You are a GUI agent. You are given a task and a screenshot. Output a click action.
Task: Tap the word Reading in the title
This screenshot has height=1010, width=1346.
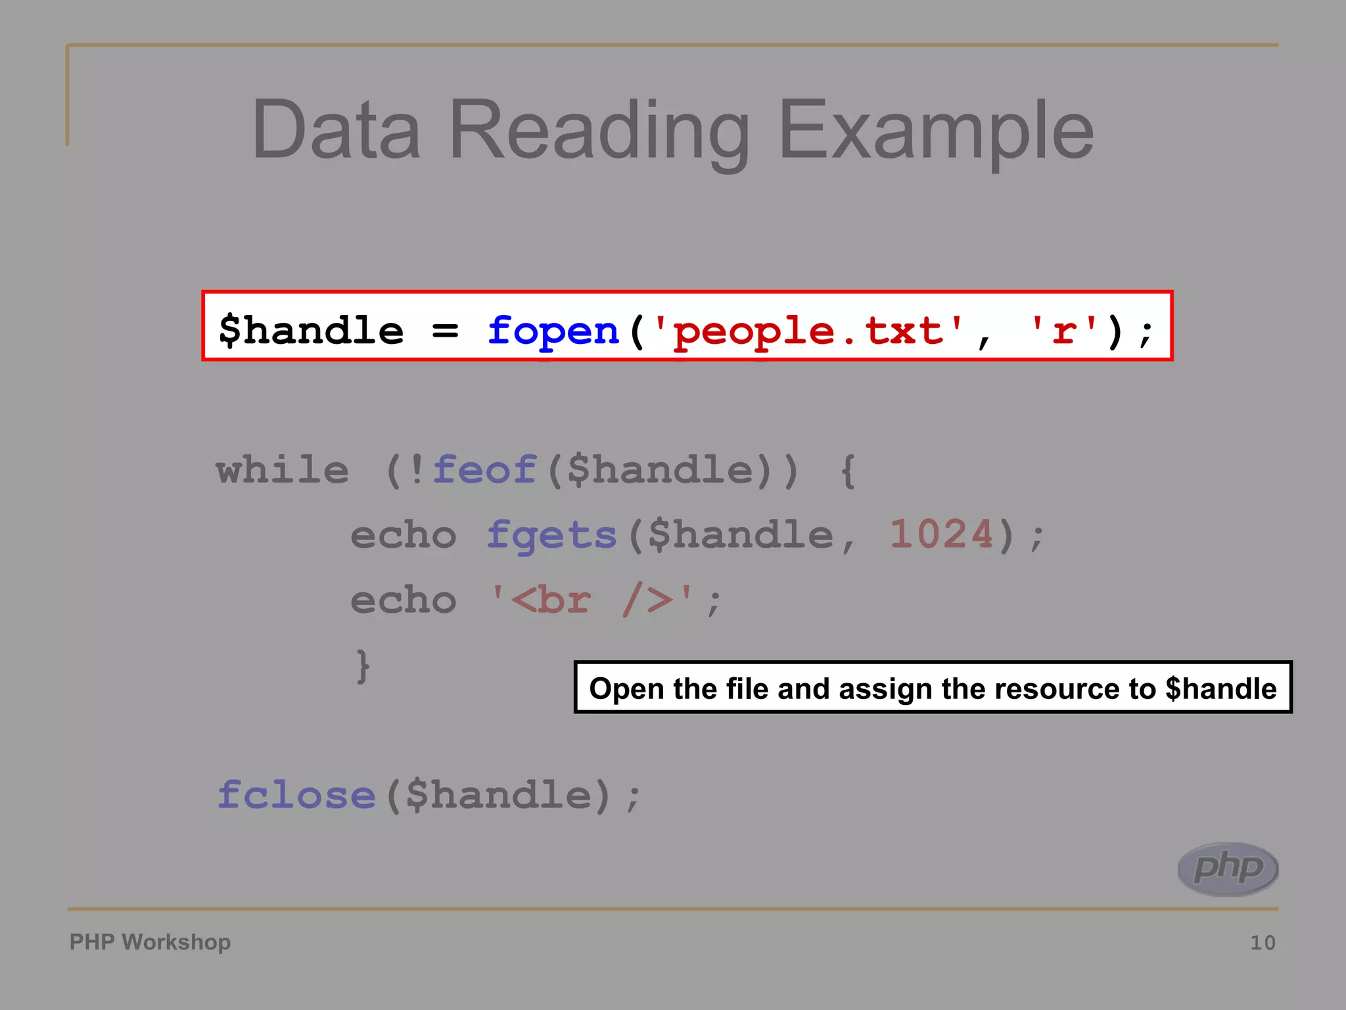(598, 132)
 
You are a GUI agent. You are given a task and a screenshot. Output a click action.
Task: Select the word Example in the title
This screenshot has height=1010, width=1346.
(936, 132)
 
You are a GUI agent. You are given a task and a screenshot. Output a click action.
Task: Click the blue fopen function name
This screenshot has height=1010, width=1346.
(553, 330)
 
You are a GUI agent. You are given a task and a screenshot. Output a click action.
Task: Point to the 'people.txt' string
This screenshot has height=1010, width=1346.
(809, 330)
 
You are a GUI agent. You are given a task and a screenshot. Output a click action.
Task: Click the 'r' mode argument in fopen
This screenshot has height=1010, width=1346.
(1063, 330)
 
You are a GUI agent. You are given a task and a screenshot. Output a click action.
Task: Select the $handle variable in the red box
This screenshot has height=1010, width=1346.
(311, 330)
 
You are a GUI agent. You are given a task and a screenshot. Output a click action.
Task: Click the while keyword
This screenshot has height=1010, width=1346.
(283, 470)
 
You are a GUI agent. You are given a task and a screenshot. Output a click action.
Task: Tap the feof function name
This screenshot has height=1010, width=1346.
(484, 470)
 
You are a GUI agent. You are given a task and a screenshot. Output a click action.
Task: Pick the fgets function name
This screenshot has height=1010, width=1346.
(551, 535)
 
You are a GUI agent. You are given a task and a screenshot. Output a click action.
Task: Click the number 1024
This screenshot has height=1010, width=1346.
(941, 534)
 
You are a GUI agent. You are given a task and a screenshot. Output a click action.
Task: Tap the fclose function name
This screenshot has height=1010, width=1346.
(296, 795)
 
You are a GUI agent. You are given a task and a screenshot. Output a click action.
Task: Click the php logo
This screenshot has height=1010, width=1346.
(1228, 869)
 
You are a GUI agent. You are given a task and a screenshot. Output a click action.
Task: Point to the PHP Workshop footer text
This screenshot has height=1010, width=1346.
(150, 942)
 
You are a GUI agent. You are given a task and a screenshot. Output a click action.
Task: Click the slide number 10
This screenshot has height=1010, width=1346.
(1263, 943)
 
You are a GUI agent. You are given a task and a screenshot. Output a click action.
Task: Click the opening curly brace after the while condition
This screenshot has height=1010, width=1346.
(848, 470)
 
